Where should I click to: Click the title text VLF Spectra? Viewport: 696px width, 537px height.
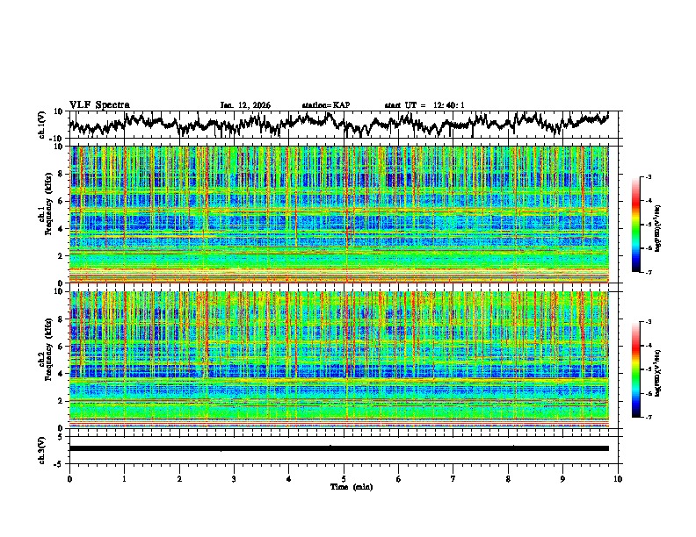tap(99, 104)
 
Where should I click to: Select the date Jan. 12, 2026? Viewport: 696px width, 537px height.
tap(245, 105)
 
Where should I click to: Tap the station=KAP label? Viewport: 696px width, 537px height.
tap(326, 105)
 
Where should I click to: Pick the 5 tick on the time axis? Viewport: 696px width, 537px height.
tap(344, 478)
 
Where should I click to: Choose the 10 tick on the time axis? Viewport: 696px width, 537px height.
tap(618, 478)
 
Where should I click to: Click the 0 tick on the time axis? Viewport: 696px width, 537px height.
tap(69, 478)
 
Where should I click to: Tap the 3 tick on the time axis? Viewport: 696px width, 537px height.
tap(234, 478)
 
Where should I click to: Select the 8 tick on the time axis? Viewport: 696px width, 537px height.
tap(508, 478)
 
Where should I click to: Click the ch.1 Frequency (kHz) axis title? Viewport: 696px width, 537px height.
tap(43, 214)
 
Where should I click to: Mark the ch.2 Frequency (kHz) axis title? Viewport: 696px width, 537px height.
tap(43, 360)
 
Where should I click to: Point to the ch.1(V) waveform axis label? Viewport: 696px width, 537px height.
tap(43, 125)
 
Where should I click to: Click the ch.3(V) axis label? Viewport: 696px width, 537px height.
tap(43, 448)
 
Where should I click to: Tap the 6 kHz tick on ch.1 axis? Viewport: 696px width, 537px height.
tap(61, 201)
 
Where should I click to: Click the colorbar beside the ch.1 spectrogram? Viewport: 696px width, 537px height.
tap(637, 226)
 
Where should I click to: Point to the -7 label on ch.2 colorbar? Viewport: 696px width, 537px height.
tap(649, 418)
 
